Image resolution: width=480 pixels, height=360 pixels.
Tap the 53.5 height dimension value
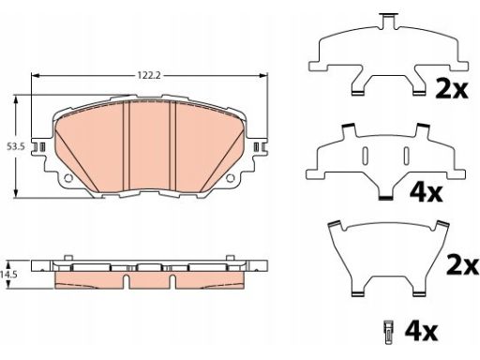tap(16, 146)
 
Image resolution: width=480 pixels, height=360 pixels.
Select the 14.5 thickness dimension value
tap(8, 275)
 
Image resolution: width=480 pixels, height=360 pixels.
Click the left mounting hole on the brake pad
tap(68, 178)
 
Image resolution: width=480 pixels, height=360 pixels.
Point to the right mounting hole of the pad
tap(231, 178)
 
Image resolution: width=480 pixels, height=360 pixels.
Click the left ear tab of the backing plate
tap(40, 146)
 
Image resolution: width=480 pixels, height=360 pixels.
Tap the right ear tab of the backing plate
tap(259, 146)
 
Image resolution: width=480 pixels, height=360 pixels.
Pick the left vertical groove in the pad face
tap(126, 145)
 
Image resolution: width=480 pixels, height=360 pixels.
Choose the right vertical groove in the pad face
tap(172, 145)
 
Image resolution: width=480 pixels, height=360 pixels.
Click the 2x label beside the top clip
tap(452, 90)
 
